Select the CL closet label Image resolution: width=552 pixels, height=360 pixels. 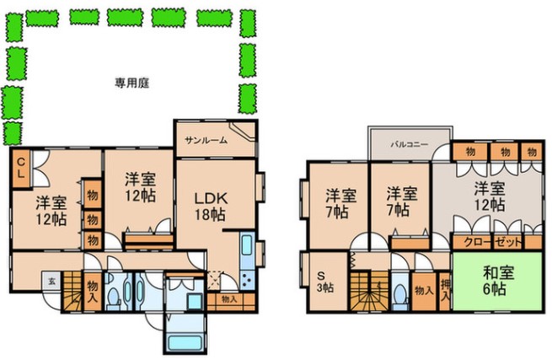(21, 166)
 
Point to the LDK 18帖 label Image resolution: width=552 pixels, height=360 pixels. (211, 205)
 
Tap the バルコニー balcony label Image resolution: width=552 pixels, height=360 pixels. (409, 144)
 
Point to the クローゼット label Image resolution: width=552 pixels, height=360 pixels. (488, 242)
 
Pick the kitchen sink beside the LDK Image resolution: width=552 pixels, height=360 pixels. (247, 250)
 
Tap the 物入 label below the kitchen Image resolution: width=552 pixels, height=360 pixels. (228, 298)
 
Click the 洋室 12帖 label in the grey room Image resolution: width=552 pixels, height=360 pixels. (488, 196)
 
